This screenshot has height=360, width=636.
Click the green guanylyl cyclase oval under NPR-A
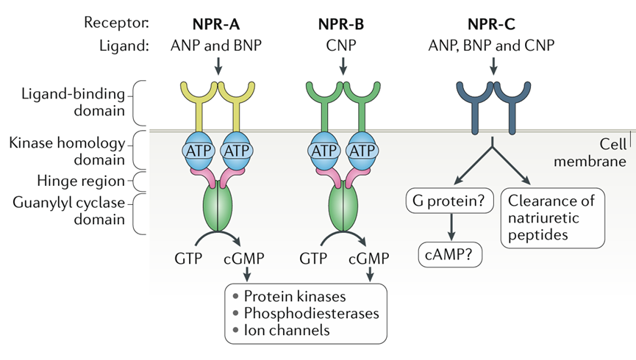(x=218, y=209)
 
